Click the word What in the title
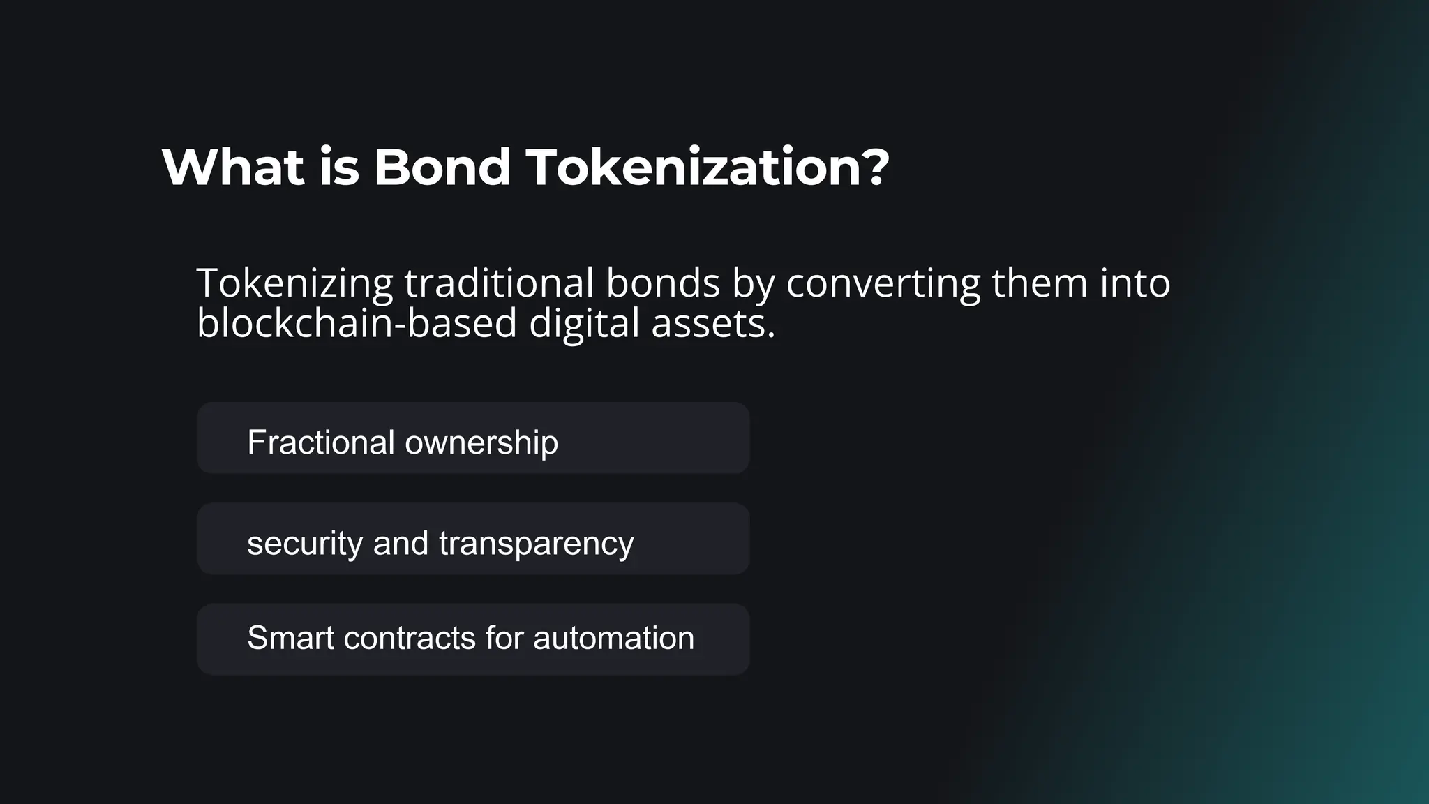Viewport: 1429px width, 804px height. pyautogui.click(x=233, y=167)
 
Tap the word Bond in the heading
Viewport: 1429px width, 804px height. pyautogui.click(x=442, y=167)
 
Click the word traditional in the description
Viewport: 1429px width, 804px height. pyautogui.click(x=499, y=283)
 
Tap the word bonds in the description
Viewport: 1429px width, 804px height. pyautogui.click(x=662, y=283)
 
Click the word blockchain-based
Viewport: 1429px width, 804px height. pyautogui.click(x=357, y=324)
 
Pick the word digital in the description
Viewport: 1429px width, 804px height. pyautogui.click(x=584, y=325)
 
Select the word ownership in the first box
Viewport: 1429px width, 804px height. pyautogui.click(x=481, y=443)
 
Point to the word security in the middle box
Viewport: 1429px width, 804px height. pyautogui.click(x=304, y=544)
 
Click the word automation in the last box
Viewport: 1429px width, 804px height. pyautogui.click(x=613, y=638)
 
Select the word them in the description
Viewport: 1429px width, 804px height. pyautogui.click(x=1040, y=283)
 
